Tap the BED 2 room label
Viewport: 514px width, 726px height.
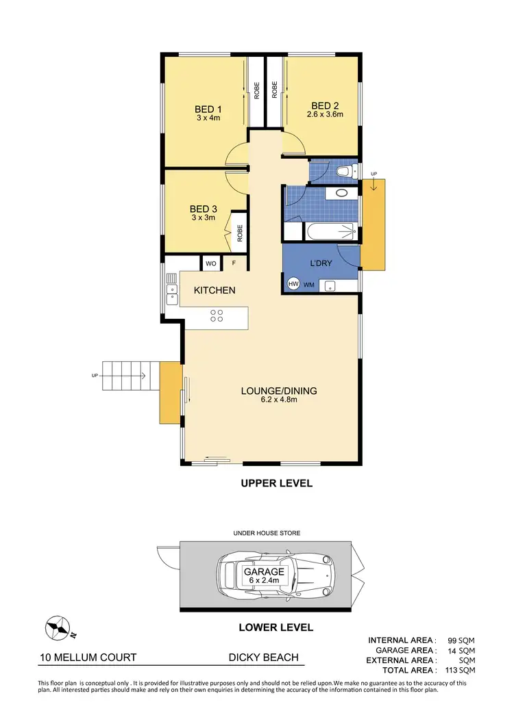point(325,105)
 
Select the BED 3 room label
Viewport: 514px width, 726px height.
point(203,209)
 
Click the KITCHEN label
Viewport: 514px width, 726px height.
point(215,290)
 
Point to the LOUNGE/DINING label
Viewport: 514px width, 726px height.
point(278,391)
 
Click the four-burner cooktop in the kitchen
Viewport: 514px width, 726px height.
point(217,315)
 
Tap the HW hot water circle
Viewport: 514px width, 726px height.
point(293,283)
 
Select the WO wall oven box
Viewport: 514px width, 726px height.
point(210,263)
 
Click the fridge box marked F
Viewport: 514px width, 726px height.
point(234,263)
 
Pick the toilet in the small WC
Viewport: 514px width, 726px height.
point(345,171)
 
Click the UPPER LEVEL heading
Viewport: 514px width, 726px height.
point(276,483)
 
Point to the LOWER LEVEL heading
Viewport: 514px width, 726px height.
point(276,627)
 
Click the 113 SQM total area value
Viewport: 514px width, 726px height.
point(458,671)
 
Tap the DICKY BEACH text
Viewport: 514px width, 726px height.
point(264,658)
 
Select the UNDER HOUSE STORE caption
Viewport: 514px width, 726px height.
point(267,532)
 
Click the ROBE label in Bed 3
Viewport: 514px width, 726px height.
point(240,235)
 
